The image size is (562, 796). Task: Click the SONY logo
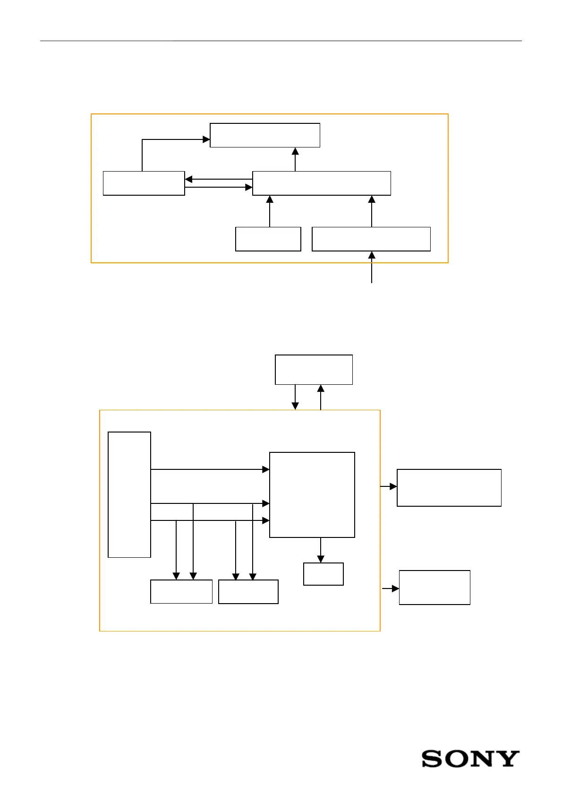[470, 759]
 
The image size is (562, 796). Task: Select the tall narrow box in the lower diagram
[129, 494]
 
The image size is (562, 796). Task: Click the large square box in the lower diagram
[312, 494]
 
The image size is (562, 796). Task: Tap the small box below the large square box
[323, 574]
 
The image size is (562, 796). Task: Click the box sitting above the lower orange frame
[314, 369]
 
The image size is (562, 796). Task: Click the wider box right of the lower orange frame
[449, 487]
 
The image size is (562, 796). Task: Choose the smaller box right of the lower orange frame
[434, 587]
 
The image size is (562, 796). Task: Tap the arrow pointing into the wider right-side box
[389, 486]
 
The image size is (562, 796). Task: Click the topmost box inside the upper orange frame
[265, 135]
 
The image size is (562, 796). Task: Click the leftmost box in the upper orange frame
[144, 183]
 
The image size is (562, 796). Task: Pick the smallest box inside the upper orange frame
[268, 239]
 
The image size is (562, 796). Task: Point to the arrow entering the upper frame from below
[372, 268]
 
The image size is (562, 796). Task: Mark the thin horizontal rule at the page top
[281, 41]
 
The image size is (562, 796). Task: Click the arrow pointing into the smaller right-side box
[390, 588]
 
